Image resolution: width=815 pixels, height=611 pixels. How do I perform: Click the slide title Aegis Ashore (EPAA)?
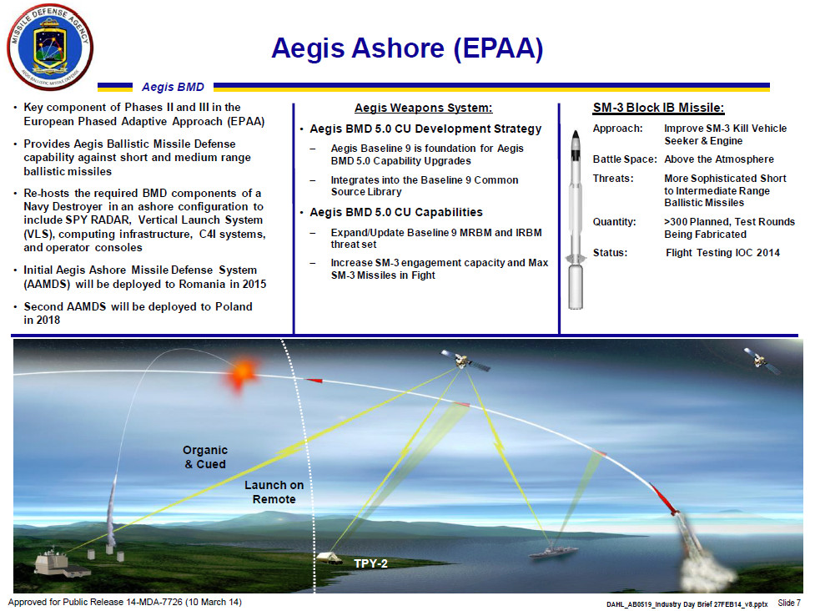coord(406,49)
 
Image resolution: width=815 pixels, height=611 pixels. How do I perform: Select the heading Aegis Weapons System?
coord(423,108)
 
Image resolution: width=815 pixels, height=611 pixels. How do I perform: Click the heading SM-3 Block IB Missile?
coord(657,108)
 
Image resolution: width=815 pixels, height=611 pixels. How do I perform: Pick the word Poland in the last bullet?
coord(230,306)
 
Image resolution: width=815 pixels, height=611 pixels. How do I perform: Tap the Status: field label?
coord(610,253)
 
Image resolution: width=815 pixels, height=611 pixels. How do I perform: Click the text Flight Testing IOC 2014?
coord(722,253)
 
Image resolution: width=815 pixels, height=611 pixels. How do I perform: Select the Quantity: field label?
coord(615,222)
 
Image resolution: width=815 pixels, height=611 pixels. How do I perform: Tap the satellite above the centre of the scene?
coord(464,361)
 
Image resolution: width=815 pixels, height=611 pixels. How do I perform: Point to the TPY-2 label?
coord(370,563)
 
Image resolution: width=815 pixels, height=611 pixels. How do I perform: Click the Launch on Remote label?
coord(274,492)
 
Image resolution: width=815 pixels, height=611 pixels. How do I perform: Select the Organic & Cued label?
coord(204,457)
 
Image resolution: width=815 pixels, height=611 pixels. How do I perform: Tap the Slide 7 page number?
coord(788,603)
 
